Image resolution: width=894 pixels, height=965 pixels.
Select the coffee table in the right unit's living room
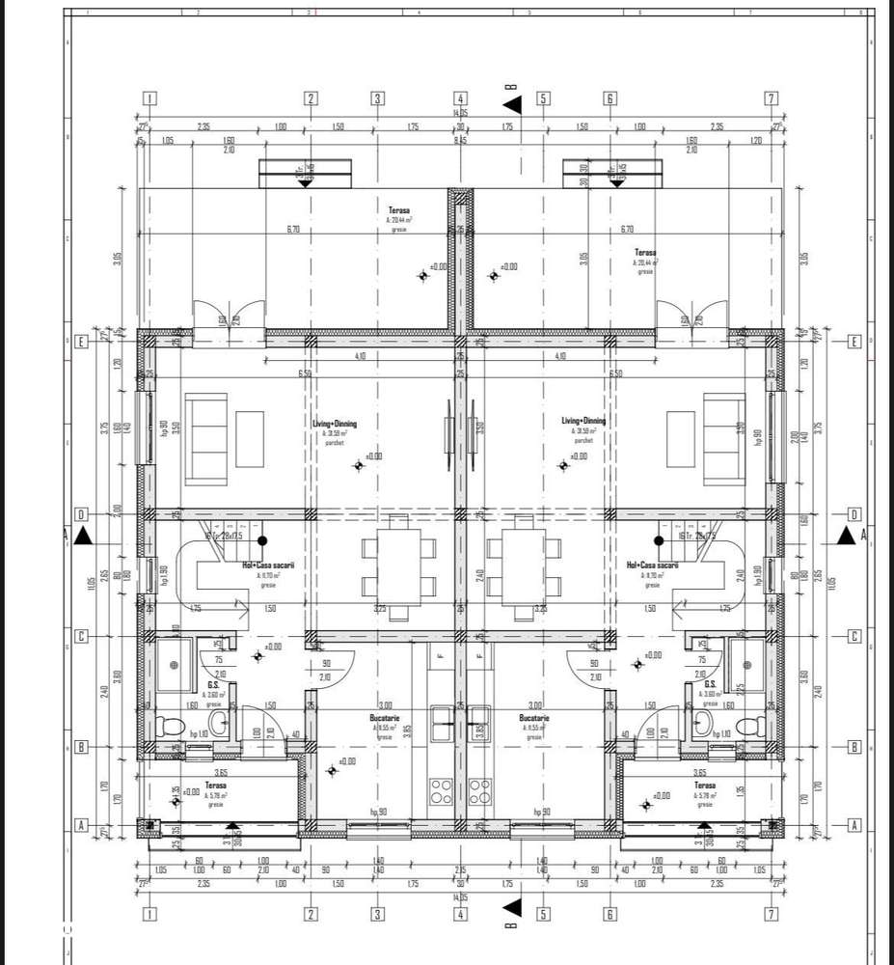[x=681, y=437]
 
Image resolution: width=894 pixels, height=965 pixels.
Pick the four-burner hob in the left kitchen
[x=442, y=791]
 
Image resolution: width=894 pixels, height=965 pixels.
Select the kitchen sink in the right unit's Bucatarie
[x=475, y=715]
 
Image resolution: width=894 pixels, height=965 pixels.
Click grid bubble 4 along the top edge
[x=460, y=98]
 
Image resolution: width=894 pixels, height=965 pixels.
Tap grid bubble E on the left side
[x=83, y=343]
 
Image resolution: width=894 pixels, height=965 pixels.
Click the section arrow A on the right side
[x=847, y=535]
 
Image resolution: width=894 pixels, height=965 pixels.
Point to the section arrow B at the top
[x=512, y=102]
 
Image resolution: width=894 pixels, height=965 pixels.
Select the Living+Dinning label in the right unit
[x=584, y=421]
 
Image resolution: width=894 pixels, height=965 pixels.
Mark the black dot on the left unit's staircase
[x=261, y=541]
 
